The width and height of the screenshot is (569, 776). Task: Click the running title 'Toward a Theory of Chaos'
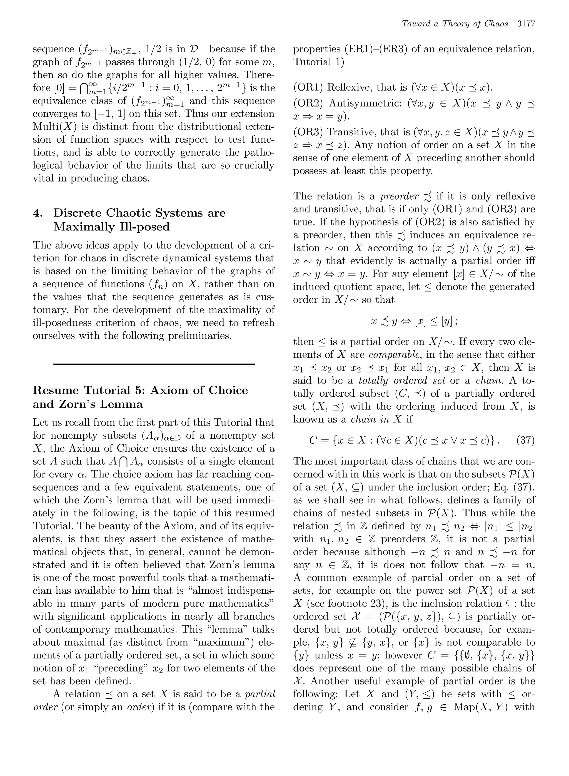coord(455,24)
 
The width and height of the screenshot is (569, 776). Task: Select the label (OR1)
coord(308,87)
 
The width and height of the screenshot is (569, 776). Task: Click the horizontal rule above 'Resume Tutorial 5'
coord(154,364)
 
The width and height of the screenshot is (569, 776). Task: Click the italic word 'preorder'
coord(399,197)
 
